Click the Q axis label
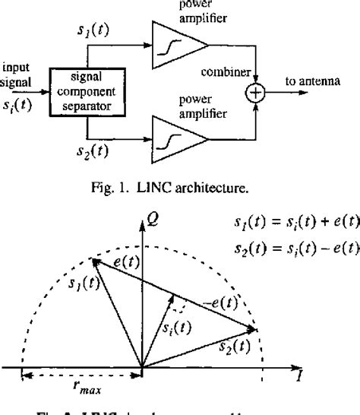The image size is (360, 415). [153, 220]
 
